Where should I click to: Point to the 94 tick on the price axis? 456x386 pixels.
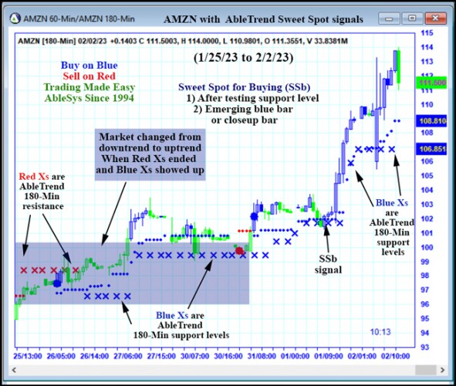(424, 334)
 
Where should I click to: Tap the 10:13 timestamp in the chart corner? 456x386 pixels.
(380, 332)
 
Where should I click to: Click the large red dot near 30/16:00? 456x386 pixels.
(240, 251)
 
